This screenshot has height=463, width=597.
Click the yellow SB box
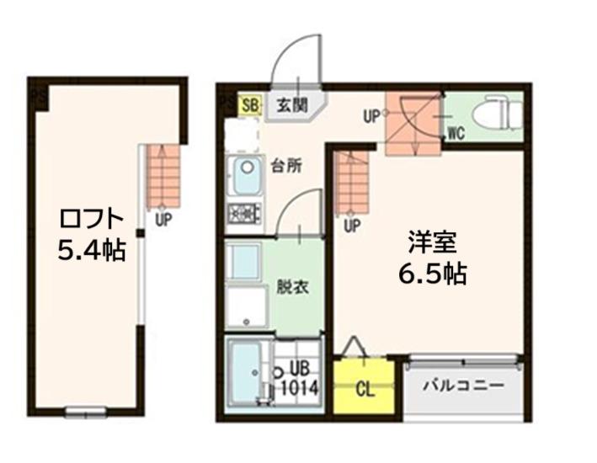click(251, 104)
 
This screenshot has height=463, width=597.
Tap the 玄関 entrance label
click(291, 105)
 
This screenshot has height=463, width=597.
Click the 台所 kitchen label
click(286, 166)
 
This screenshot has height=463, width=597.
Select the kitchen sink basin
click(247, 176)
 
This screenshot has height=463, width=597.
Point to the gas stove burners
click(245, 213)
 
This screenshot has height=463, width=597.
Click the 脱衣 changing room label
click(292, 287)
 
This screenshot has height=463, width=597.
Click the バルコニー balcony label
click(464, 386)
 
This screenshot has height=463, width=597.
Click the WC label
click(456, 133)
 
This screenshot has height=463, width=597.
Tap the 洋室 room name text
click(433, 242)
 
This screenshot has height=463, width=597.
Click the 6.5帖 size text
click(433, 274)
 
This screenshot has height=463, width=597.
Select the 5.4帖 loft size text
click(92, 251)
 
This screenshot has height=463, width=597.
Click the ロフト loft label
click(92, 220)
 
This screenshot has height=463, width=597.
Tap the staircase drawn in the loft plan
click(163, 176)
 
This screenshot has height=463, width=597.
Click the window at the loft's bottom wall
click(85, 412)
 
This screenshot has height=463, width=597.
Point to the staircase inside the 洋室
click(353, 184)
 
